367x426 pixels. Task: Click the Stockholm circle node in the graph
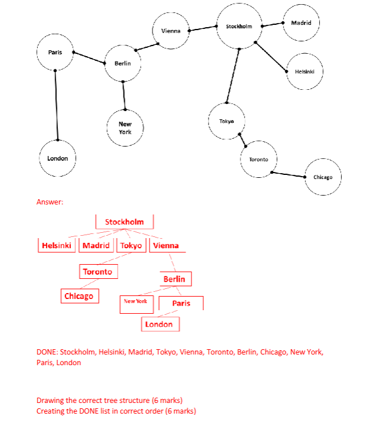pyautogui.click(x=239, y=27)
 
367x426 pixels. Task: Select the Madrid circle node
pyautogui.click(x=301, y=23)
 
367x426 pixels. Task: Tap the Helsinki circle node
pyautogui.click(x=305, y=71)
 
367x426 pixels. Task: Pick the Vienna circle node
pyautogui.click(x=170, y=30)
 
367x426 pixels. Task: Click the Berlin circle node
pyautogui.click(x=123, y=63)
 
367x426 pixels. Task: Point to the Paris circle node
pyautogui.click(x=55, y=52)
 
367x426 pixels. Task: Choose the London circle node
pyautogui.click(x=57, y=158)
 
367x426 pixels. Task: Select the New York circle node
pyautogui.click(x=125, y=128)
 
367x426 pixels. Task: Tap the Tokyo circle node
pyautogui.click(x=226, y=121)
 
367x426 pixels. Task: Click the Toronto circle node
pyautogui.click(x=258, y=160)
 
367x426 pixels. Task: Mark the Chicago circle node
pyautogui.click(x=323, y=177)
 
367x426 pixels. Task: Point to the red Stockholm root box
pyautogui.click(x=124, y=222)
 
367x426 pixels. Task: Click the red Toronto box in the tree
pyautogui.click(x=98, y=271)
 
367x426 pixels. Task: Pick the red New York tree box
pyautogui.click(x=135, y=302)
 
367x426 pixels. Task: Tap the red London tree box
pyautogui.click(x=159, y=324)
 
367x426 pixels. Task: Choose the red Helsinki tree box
pyautogui.click(x=57, y=245)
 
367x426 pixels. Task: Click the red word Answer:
pyautogui.click(x=50, y=202)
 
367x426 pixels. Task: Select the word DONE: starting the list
pyautogui.click(x=47, y=352)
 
